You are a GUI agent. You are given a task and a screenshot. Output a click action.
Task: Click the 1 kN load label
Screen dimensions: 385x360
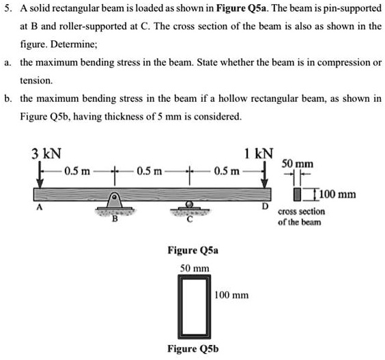pos(260,153)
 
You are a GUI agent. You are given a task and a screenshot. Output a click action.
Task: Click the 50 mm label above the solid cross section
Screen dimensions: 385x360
pos(296,165)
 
